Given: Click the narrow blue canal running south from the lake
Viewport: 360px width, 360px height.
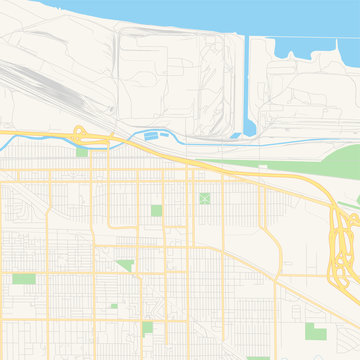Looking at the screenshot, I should (x=244, y=80).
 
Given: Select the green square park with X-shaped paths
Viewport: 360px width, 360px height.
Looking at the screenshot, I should (x=205, y=199).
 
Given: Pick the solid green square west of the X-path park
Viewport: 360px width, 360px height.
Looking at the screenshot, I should (x=156, y=210).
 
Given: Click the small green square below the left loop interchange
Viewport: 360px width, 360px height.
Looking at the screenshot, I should (x=81, y=151).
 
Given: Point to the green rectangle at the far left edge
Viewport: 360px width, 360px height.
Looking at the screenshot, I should (x=24, y=278).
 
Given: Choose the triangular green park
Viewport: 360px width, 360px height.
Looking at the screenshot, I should (x=126, y=265).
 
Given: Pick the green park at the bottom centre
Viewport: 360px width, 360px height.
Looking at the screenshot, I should (x=148, y=328).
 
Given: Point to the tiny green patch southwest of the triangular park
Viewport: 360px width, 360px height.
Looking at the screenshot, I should (x=113, y=305).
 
